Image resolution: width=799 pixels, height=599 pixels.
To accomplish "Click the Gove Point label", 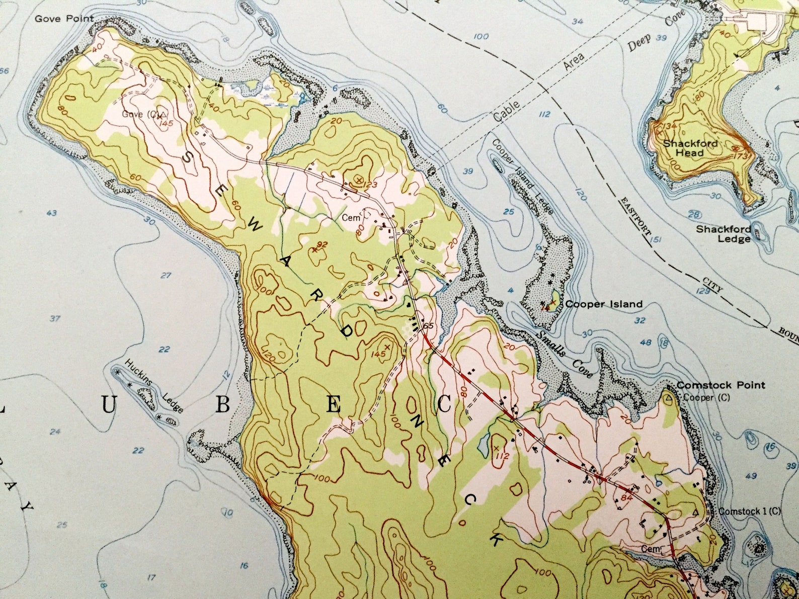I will click(64, 19).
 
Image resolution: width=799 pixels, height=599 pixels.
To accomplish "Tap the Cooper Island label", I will click(603, 304).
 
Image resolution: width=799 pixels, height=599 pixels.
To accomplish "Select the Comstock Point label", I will click(720, 385).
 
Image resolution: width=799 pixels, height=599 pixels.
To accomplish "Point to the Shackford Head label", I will click(690, 148).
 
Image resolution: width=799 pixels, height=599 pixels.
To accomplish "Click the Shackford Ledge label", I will click(724, 234).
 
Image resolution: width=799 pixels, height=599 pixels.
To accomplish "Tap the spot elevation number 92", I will click(323, 244).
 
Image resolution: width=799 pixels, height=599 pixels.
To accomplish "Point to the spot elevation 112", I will click(500, 456).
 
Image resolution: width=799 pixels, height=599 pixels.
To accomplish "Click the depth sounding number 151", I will click(655, 240).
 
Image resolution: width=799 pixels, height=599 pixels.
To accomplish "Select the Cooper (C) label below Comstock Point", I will click(703, 398).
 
